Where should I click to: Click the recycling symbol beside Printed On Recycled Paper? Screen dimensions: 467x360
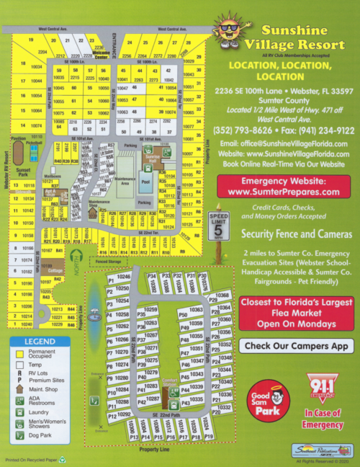[x=62, y=458]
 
